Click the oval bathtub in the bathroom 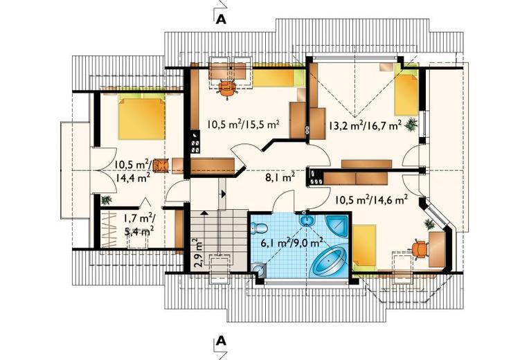pos(329,261)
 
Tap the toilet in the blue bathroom pos(260,228)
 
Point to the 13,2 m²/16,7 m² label pos(365,125)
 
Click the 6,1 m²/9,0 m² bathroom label pos(292,242)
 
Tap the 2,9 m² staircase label pos(198,253)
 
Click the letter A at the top pos(221,20)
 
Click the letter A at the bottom pos(221,341)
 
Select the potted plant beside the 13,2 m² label pos(411,124)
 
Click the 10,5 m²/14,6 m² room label pos(371,200)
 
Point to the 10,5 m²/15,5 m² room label pos(243,125)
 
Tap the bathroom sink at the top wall pos(307,219)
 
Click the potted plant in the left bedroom pos(106,200)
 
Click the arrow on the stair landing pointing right pos(223,194)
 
